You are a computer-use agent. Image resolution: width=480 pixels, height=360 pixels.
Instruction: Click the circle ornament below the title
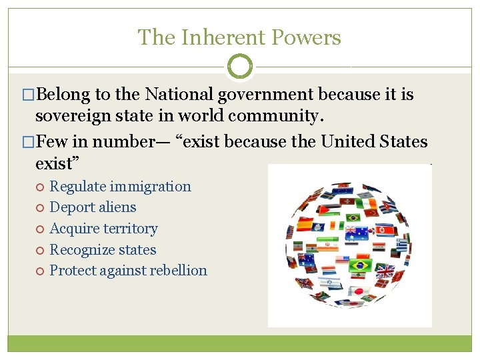pyautogui.click(x=240, y=67)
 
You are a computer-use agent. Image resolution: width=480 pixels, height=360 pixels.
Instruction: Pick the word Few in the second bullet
pyautogui.click(x=52, y=142)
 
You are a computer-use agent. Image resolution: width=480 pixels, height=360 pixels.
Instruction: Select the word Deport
pyautogui.click(x=71, y=207)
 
